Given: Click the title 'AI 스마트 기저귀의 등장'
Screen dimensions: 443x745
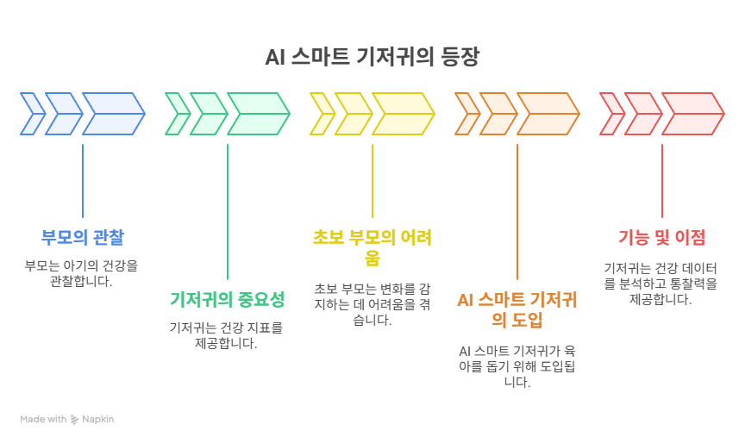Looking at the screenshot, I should [x=372, y=59].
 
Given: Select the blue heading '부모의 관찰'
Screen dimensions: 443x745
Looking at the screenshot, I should [x=82, y=237].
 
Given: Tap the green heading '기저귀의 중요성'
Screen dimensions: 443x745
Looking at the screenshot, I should [x=227, y=300].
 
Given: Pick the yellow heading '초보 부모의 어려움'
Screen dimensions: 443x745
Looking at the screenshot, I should [x=372, y=247].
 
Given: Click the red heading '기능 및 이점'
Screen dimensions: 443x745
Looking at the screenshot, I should [x=661, y=237].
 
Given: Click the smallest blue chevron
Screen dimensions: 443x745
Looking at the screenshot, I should [x=31, y=115].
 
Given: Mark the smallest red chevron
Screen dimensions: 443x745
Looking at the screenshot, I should [x=610, y=115].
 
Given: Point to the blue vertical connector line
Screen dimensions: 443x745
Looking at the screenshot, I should [x=83, y=181].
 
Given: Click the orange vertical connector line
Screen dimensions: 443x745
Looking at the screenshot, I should [x=517, y=211].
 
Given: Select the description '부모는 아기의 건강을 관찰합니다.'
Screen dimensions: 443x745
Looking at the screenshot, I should [x=82, y=273].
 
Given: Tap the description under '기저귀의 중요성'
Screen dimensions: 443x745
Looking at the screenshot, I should [x=227, y=336].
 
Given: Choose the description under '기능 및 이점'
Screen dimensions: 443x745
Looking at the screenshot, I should [x=661, y=284].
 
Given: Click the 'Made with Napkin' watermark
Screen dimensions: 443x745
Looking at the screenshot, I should [x=67, y=420].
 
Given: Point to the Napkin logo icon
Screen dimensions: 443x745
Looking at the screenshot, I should [x=75, y=420].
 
